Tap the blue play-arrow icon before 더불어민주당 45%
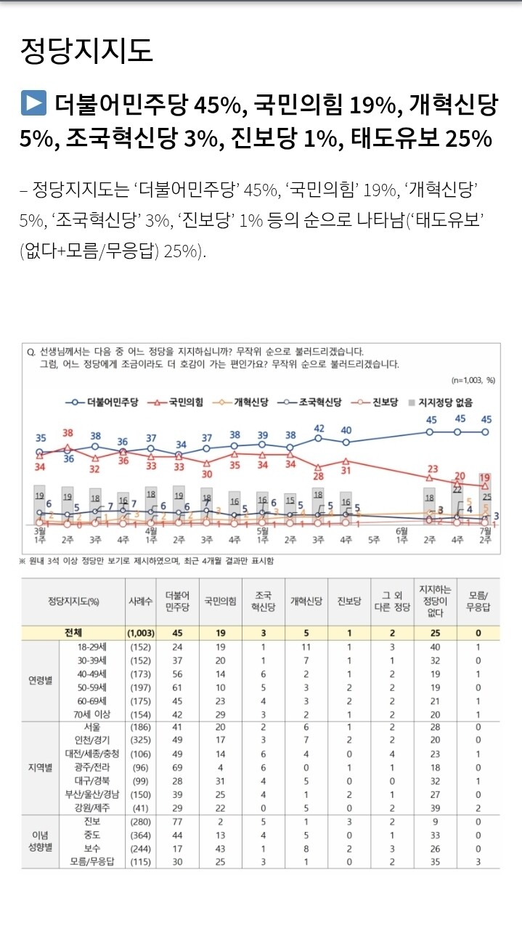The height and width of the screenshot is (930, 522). click(x=33, y=104)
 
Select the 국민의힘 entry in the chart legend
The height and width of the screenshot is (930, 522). click(x=181, y=401)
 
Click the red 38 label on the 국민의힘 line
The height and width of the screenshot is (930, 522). click(x=68, y=433)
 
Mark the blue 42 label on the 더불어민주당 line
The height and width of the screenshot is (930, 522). click(x=319, y=428)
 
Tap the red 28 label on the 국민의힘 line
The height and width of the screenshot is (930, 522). click(x=318, y=476)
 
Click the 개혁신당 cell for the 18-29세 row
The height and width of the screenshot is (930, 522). click(x=306, y=646)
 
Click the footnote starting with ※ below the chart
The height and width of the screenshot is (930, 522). click(x=145, y=561)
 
